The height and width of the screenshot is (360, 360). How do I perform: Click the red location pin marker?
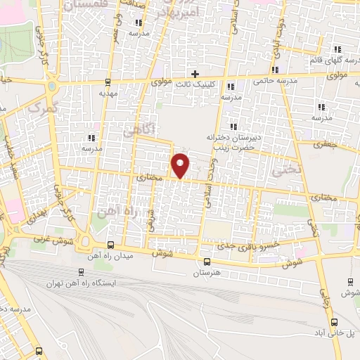[181, 166]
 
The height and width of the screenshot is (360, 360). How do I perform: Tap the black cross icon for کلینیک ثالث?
[195, 74]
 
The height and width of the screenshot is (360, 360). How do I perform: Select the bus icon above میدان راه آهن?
[110, 245]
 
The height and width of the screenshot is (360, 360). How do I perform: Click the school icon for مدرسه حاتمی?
[275, 70]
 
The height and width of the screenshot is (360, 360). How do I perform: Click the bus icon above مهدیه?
[108, 82]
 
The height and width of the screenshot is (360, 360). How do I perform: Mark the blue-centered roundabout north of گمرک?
[53, 87]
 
